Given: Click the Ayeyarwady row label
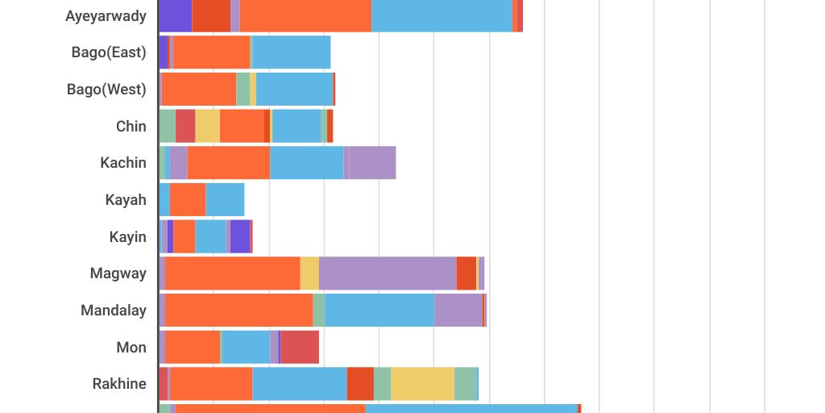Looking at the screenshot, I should [x=106, y=16].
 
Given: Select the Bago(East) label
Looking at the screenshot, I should [x=109, y=52].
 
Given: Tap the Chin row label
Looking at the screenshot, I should [x=131, y=126].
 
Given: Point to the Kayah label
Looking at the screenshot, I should [x=126, y=199].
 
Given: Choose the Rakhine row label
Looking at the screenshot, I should [x=119, y=383].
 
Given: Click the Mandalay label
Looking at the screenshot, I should [x=114, y=310].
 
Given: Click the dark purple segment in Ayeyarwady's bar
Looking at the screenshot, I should [x=175, y=16].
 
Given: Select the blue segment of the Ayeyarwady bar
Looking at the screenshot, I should [x=442, y=16].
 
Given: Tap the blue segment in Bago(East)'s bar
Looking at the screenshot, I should [x=292, y=52].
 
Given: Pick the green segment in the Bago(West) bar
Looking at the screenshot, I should [x=243, y=89].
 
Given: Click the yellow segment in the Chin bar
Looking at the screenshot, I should [x=207, y=126].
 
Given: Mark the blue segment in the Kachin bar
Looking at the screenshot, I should [x=306, y=162].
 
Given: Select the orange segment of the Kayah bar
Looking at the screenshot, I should [x=188, y=199].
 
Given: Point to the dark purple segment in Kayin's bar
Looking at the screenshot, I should [x=239, y=236].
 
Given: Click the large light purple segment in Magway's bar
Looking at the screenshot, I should [x=388, y=273].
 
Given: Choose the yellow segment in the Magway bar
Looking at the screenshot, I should [x=309, y=273].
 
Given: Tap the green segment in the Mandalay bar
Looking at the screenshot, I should [x=319, y=310].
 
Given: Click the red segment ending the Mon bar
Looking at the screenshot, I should [x=300, y=347].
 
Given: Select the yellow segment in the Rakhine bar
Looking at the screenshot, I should [x=422, y=383].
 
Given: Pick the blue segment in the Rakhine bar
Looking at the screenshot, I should [x=300, y=383].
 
